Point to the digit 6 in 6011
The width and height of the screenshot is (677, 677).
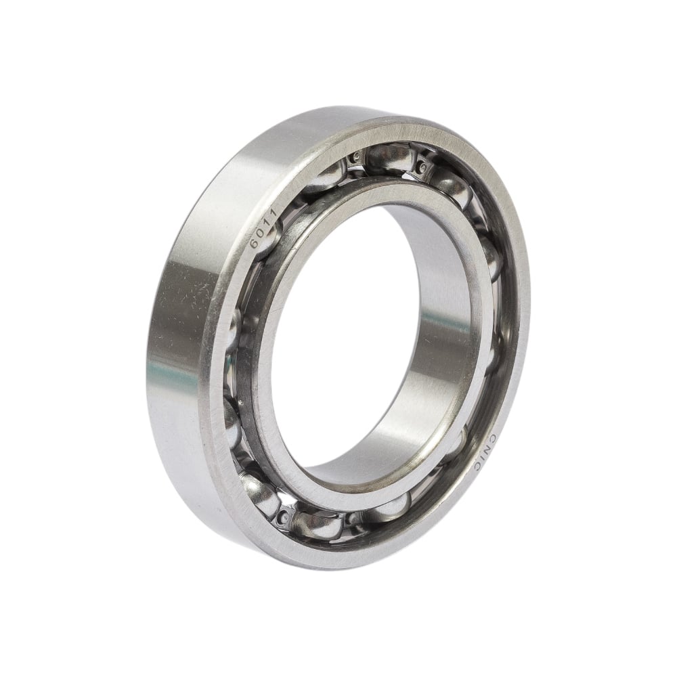coord(254,244)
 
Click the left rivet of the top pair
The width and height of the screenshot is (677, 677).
coord(357,156)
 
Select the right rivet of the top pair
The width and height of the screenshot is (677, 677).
coord(423,167)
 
